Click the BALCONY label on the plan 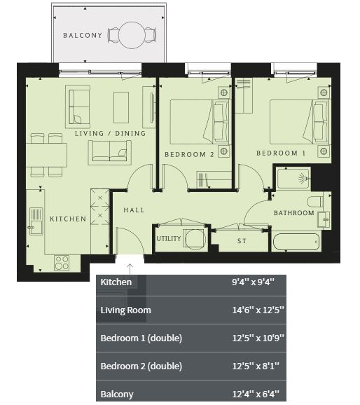[x=83, y=35]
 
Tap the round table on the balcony [x=132, y=35]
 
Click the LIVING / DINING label [x=110, y=133]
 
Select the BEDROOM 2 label [x=189, y=154]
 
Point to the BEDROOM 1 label [x=281, y=153]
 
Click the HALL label [x=134, y=210]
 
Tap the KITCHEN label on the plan [x=68, y=219]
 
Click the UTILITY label [x=168, y=239]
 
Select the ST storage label [x=242, y=241]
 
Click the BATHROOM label [x=294, y=213]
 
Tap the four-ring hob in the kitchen [x=62, y=263]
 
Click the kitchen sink [x=36, y=221]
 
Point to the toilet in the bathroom [x=316, y=202]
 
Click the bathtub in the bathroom [x=296, y=242]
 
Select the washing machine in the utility [x=195, y=239]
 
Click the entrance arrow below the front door [x=130, y=268]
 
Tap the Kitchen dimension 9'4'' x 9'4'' [x=253, y=282]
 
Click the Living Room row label [x=126, y=310]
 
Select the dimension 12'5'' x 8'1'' [x=256, y=366]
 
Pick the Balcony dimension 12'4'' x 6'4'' [x=256, y=394]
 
